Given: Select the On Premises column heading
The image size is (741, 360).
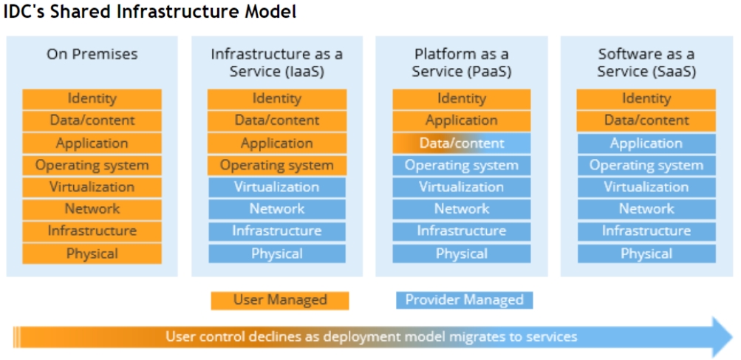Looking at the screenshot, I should [x=92, y=54].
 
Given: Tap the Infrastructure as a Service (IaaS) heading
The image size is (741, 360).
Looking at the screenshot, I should [x=276, y=63].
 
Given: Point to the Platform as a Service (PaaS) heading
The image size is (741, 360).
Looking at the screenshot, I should [x=461, y=63].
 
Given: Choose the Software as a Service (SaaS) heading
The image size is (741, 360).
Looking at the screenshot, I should [x=646, y=63].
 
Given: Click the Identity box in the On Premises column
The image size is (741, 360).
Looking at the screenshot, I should [x=92, y=98].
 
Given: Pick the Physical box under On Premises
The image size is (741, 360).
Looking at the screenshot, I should [x=92, y=254].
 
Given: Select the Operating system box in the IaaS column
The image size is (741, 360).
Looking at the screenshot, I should [x=276, y=166].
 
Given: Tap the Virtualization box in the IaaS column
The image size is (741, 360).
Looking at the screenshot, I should [x=276, y=187].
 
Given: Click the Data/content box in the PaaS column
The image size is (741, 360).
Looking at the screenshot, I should [x=461, y=143].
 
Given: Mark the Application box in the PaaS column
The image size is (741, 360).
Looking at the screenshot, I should [x=461, y=120].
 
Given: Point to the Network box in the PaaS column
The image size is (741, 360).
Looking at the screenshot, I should [x=461, y=209].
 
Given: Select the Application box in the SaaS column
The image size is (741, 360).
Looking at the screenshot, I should [x=646, y=143].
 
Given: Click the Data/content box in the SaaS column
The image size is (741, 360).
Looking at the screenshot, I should [x=646, y=120].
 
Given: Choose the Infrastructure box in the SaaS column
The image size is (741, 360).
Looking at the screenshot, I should [x=646, y=231].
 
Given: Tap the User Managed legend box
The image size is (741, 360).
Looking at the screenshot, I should [x=279, y=299].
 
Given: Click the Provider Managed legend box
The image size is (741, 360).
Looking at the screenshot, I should [x=464, y=299].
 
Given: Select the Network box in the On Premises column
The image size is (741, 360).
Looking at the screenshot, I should [x=92, y=209].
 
